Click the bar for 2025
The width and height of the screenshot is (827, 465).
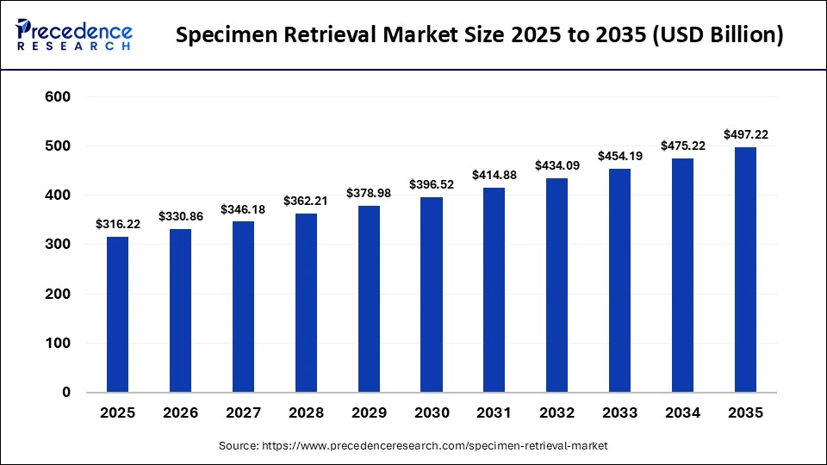click(x=117, y=314)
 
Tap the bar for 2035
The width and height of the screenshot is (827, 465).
click(x=745, y=270)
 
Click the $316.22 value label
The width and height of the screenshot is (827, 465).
click(x=117, y=224)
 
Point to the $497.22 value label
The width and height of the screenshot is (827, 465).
click(x=745, y=134)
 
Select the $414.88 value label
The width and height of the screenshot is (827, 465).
click(x=494, y=175)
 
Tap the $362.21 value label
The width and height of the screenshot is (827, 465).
click(x=306, y=201)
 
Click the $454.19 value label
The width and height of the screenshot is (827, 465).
click(x=620, y=156)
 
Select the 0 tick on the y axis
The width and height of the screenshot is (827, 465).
click(x=66, y=393)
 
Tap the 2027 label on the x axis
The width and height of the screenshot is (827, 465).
click(x=243, y=413)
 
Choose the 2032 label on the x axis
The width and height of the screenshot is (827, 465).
click(x=557, y=413)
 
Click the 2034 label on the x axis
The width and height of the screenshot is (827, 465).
click(x=683, y=413)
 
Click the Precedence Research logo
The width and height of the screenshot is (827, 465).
click(x=74, y=34)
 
